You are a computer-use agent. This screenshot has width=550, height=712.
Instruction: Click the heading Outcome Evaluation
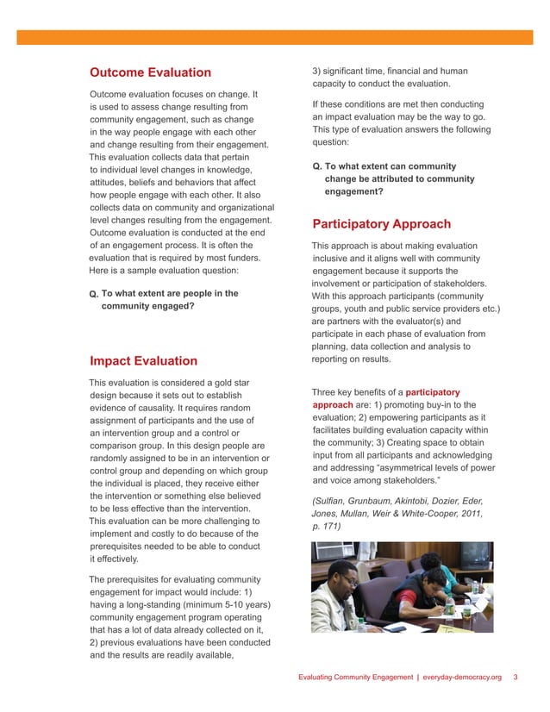[x=150, y=72]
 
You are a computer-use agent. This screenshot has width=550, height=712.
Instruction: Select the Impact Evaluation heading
[x=143, y=361]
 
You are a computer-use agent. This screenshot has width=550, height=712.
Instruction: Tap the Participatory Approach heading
[x=381, y=225]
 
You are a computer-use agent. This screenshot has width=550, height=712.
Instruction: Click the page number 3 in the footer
[x=515, y=678]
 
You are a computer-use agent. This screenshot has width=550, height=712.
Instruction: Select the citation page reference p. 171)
[x=328, y=526]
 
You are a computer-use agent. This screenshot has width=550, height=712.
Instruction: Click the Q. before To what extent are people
[x=94, y=295]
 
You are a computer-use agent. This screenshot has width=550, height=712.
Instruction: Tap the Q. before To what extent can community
[x=317, y=166]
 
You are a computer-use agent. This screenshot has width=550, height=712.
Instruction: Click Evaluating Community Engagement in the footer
[x=355, y=678]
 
